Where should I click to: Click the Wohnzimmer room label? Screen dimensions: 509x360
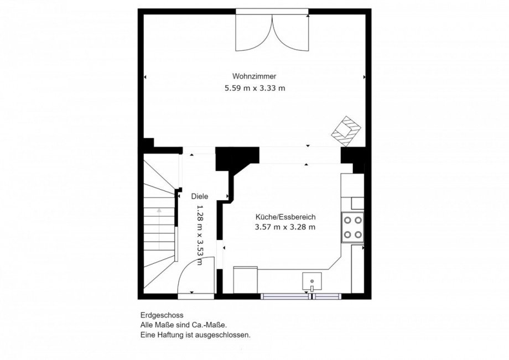pos(254,76)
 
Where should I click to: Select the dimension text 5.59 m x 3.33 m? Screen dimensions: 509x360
pos(255,88)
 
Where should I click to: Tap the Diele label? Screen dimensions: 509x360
pos(200,196)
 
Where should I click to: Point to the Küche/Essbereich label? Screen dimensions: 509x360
pos(285,217)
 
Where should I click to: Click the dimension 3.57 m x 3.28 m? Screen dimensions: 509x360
pos(285,227)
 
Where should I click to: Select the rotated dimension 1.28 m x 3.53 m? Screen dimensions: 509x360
pos(200,234)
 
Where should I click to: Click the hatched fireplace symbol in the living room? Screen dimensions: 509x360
pos(347,131)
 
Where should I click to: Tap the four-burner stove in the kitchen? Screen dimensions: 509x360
pos(352,227)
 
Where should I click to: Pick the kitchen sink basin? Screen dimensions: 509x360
pos(312,281)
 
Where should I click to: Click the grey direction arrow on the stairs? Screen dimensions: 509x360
pos(159,228)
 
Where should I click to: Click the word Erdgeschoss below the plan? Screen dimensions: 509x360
pos(162,315)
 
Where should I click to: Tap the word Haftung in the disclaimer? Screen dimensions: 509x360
pos(168,335)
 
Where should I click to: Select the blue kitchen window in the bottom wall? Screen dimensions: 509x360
pos(301,296)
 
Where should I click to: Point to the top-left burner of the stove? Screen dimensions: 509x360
pos(347,220)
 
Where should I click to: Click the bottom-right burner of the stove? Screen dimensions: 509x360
pos(358,234)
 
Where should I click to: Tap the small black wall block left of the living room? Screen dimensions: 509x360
pos(148,143)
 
